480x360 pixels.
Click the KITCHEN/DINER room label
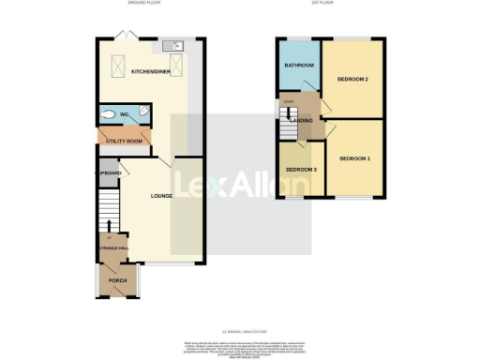149,72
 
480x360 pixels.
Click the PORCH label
118,281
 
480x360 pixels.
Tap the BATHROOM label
298,66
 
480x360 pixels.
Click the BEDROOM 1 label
354,158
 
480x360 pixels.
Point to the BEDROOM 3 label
300,169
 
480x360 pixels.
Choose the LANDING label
302,121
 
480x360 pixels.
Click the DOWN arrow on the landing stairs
289,101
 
